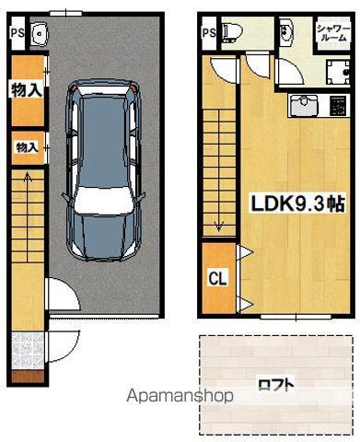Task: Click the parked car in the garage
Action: pyautogui.click(x=104, y=170)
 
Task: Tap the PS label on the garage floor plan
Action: pyautogui.click(x=17, y=33)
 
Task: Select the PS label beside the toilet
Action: pyautogui.click(x=209, y=33)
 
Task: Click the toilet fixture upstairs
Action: pyautogui.click(x=232, y=31)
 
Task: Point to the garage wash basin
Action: pyautogui.click(x=39, y=33)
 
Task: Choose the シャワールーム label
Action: pyautogui.click(x=333, y=33)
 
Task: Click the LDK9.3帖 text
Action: pyautogui.click(x=298, y=204)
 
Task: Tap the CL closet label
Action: pyautogui.click(x=217, y=278)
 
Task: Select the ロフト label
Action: pyautogui.click(x=276, y=385)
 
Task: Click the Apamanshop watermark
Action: pyautogui.click(x=180, y=396)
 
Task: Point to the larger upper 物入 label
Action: pyautogui.click(x=27, y=89)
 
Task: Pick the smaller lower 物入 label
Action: pyautogui.click(x=27, y=147)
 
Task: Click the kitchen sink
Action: pyautogui.click(x=304, y=105)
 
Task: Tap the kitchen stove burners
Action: pyautogui.click(x=338, y=106)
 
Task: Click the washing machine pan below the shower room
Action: pyautogui.click(x=338, y=72)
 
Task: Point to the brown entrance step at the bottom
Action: pyautogui.click(x=28, y=376)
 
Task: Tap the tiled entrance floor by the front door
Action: pyautogui.click(x=28, y=351)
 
